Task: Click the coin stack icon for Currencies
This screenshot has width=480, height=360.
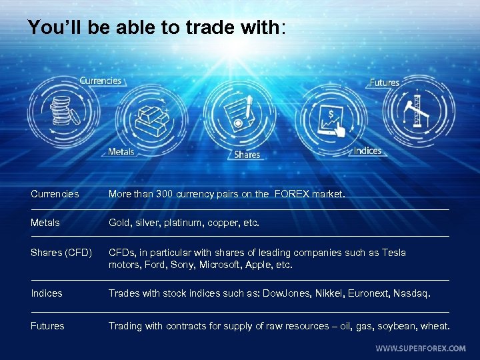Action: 61,109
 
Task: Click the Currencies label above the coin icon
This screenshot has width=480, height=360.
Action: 101,81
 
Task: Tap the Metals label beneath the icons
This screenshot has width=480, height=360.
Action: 121,152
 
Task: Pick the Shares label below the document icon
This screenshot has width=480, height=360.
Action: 247,155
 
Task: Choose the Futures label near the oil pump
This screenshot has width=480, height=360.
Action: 385,83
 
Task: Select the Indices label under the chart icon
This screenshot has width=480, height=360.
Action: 367,151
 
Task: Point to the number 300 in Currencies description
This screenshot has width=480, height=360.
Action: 164,195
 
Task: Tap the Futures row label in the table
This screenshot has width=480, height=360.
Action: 47,326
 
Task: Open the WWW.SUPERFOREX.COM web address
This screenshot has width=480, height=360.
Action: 421,348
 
